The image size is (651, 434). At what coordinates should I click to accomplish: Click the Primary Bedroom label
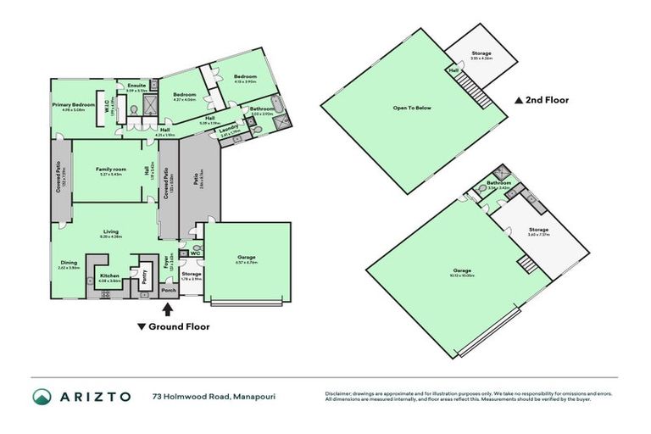tap(71, 105)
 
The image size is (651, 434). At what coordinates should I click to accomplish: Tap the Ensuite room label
tap(136, 86)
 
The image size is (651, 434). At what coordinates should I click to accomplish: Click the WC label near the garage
tap(194, 252)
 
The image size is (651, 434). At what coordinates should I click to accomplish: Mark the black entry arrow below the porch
tap(166, 311)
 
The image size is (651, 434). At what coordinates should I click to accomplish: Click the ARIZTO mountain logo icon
tap(43, 396)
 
